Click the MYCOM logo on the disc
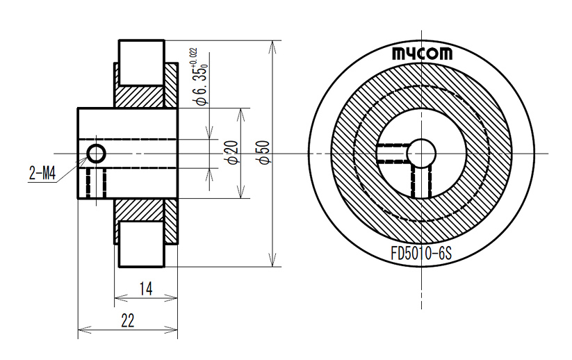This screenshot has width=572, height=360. [422, 54]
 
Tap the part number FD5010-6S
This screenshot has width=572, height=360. [421, 253]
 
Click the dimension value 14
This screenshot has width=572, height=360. [145, 288]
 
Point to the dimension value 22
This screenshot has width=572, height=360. [128, 320]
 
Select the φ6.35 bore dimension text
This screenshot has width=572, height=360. [202, 85]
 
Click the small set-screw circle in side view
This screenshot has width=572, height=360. [97, 154]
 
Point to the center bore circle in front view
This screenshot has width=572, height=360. [421, 153]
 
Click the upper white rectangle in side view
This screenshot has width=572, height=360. [142, 62]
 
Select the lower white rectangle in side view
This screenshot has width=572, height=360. [142, 244]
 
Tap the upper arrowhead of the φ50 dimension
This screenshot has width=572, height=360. [272, 48]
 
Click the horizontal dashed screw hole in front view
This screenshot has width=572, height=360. [393, 154]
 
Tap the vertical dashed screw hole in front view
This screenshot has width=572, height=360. [421, 181]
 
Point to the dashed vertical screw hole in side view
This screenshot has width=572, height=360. [97, 183]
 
